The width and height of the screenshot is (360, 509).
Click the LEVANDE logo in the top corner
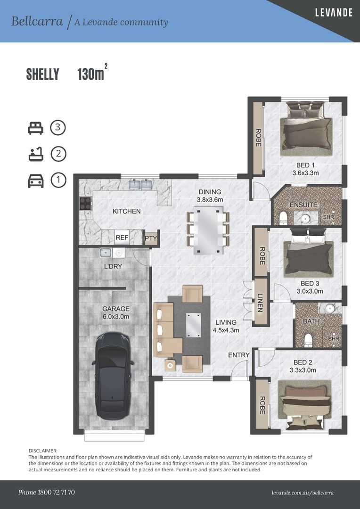click(x=334, y=13)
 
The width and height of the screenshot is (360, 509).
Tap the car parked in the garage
click(x=114, y=375)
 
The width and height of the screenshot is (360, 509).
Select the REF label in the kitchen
click(x=122, y=238)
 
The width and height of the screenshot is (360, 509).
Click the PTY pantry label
click(x=151, y=238)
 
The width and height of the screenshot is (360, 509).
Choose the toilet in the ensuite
click(x=284, y=217)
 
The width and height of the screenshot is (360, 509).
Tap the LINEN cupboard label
click(x=260, y=302)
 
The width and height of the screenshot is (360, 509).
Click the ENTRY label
click(x=239, y=355)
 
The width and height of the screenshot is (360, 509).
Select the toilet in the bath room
click(x=308, y=339)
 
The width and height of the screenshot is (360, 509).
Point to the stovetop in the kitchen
click(x=85, y=203)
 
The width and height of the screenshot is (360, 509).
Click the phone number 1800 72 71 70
click(x=46, y=493)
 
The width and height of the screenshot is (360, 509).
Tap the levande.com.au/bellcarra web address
click(x=303, y=493)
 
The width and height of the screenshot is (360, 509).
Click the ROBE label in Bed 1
click(x=258, y=138)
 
